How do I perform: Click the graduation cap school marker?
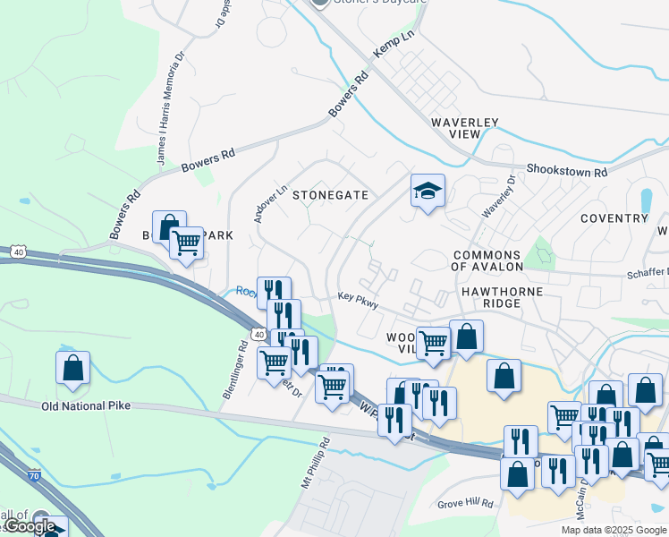[x=428, y=192]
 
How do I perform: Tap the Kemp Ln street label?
[x=394, y=43]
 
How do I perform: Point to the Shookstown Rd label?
[x=567, y=170]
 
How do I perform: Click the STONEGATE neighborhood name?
[x=330, y=194]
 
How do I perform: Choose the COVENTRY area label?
[x=614, y=218]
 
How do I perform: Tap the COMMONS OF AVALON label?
[x=487, y=260]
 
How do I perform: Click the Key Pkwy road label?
[x=358, y=301]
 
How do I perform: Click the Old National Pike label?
[x=86, y=406]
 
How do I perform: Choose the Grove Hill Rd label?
[x=466, y=504]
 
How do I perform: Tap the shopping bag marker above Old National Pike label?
[x=72, y=369]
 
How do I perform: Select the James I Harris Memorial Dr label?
[x=170, y=107]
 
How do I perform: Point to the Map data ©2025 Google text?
[x=614, y=530]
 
